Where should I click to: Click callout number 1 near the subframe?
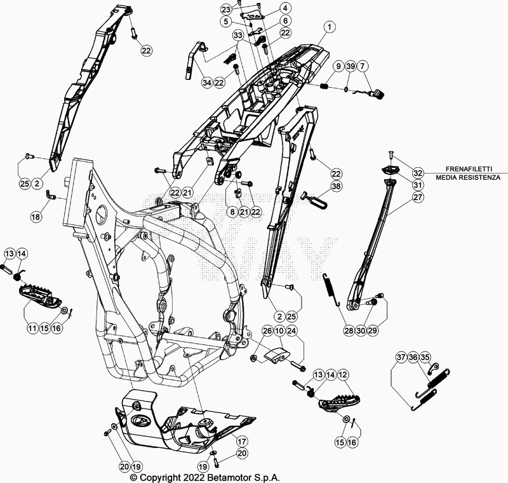329,27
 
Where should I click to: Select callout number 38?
336,187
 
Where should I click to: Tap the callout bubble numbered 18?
35,217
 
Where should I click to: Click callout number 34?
206,83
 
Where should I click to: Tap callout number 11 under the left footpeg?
32,328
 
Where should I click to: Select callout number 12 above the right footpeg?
344,375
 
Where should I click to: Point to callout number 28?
349,330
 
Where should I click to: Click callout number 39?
350,67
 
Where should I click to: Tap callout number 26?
267,330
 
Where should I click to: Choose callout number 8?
232,212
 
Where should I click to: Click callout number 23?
226,9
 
